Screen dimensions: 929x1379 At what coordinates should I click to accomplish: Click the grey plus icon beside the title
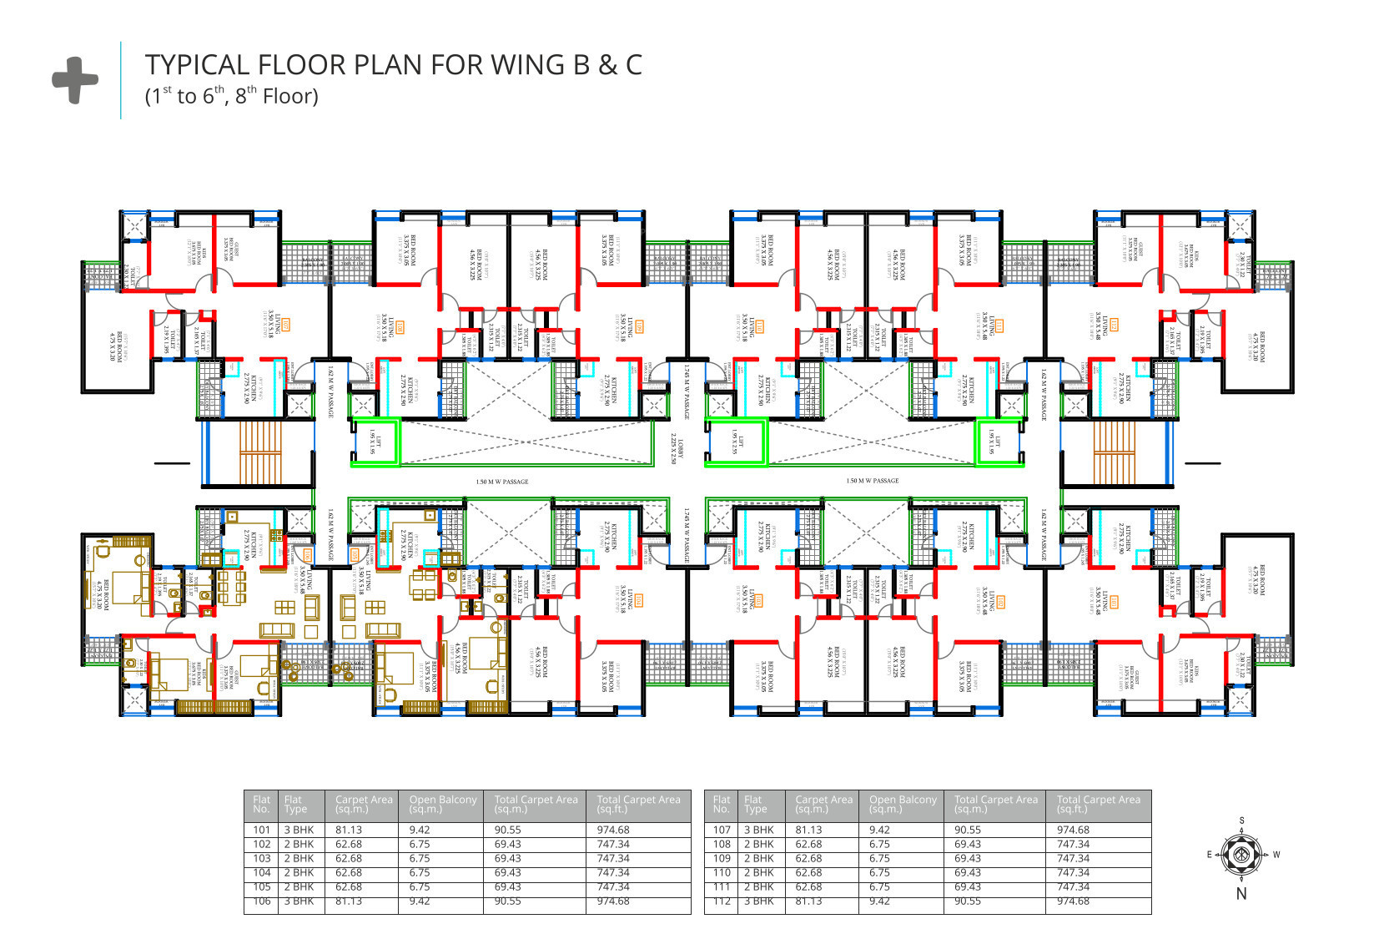click(75, 80)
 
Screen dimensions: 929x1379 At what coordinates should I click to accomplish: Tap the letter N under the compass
click(1241, 894)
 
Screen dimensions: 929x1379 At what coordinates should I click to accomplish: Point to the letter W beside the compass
click(1276, 855)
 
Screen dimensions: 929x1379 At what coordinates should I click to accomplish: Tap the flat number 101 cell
click(262, 830)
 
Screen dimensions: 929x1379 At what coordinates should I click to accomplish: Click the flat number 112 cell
click(722, 901)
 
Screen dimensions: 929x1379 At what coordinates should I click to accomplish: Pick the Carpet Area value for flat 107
click(808, 830)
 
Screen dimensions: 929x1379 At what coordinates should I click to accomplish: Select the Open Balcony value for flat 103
click(420, 858)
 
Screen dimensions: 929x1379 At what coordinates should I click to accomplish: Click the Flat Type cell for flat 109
click(759, 858)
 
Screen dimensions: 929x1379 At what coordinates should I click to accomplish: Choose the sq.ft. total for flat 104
click(613, 872)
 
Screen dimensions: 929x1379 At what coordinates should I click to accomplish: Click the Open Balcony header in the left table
click(442, 804)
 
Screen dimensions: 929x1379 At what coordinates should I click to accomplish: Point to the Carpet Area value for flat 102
click(349, 844)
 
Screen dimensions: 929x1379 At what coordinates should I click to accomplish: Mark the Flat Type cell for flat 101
click(299, 830)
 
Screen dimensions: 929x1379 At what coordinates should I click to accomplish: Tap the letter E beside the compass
click(1209, 855)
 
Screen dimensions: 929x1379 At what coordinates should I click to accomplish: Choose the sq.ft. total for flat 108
click(1073, 844)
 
